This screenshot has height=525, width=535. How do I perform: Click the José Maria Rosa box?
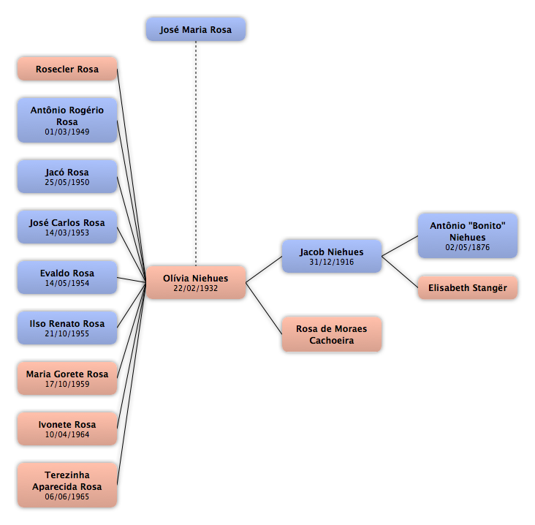(196, 29)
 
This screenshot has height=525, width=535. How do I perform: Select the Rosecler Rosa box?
(67, 69)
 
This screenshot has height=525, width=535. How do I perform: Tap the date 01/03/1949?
(67, 132)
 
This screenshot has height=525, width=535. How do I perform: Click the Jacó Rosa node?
(67, 177)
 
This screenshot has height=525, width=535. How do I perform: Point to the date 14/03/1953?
(67, 233)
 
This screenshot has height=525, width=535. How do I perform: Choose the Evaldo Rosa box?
(67, 278)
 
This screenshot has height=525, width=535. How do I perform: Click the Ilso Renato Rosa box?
(67, 328)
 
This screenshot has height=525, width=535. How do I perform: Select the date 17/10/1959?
(67, 384)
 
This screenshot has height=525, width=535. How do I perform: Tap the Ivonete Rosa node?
(67, 428)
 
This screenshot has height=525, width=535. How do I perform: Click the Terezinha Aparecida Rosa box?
(67, 485)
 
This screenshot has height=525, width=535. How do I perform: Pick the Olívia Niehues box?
(196, 283)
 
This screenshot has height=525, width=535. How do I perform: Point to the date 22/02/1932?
(195, 288)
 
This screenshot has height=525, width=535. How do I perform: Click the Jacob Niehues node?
(332, 257)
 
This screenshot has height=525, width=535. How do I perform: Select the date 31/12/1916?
(332, 262)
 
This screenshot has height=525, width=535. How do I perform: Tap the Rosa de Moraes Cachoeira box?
(332, 335)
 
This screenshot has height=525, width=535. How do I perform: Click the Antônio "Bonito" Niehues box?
(468, 236)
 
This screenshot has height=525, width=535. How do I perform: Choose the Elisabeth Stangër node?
(468, 288)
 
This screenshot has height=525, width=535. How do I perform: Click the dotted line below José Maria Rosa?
(196, 154)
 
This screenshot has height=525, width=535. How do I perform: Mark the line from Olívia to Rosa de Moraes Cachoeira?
(264, 309)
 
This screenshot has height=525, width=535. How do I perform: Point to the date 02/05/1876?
(468, 247)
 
